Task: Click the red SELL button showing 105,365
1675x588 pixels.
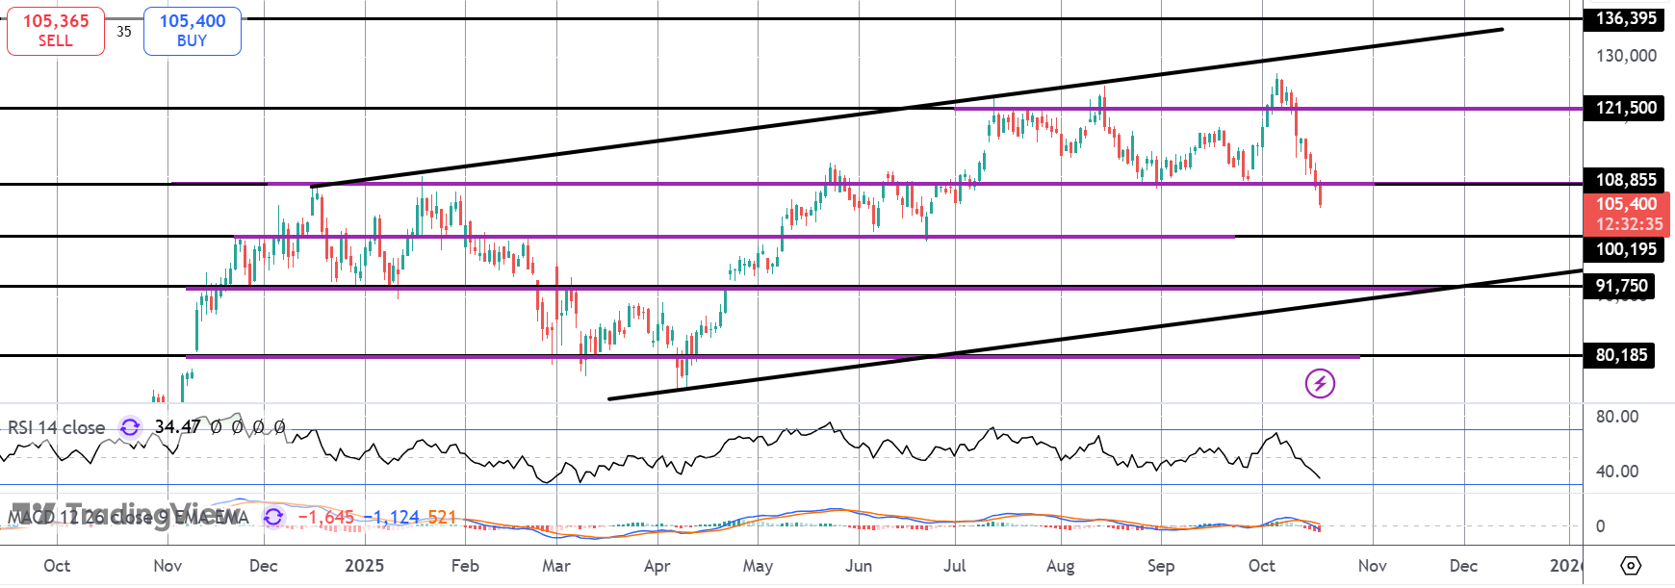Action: pyautogui.click(x=56, y=31)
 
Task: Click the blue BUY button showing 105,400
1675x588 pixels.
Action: pyautogui.click(x=193, y=31)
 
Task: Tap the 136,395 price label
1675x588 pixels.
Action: pyautogui.click(x=1626, y=18)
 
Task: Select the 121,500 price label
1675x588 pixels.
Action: pyautogui.click(x=1626, y=108)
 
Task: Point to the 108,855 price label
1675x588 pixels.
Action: pyautogui.click(x=1626, y=180)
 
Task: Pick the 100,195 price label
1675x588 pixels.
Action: pyautogui.click(x=1626, y=249)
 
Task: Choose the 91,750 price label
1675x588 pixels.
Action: pyautogui.click(x=1622, y=286)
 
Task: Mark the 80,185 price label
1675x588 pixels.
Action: pyautogui.click(x=1622, y=355)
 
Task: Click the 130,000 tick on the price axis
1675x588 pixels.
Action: pyautogui.click(x=1626, y=56)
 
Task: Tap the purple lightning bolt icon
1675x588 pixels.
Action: pyautogui.click(x=1320, y=383)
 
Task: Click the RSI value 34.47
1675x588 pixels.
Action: pyautogui.click(x=178, y=426)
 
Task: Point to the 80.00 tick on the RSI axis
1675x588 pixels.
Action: pyautogui.click(x=1617, y=417)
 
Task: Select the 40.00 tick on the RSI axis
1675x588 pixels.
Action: pyautogui.click(x=1617, y=472)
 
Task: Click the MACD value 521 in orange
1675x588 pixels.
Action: pyautogui.click(x=442, y=518)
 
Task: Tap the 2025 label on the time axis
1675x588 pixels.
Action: pyautogui.click(x=364, y=566)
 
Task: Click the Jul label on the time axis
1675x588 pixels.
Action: pyautogui.click(x=955, y=566)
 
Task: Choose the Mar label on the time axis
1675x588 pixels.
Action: pyautogui.click(x=556, y=566)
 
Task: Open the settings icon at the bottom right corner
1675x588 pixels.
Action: pyautogui.click(x=1631, y=565)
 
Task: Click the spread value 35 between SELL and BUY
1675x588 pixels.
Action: pyautogui.click(x=124, y=32)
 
